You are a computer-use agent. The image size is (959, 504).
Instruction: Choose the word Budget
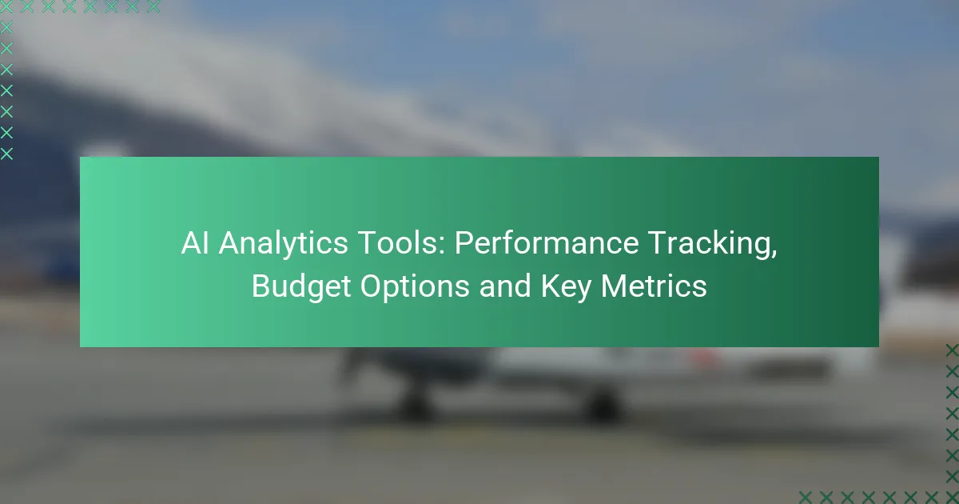[295, 287]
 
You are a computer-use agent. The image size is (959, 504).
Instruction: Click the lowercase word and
[505, 286]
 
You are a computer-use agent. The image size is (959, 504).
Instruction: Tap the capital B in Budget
[261, 286]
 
